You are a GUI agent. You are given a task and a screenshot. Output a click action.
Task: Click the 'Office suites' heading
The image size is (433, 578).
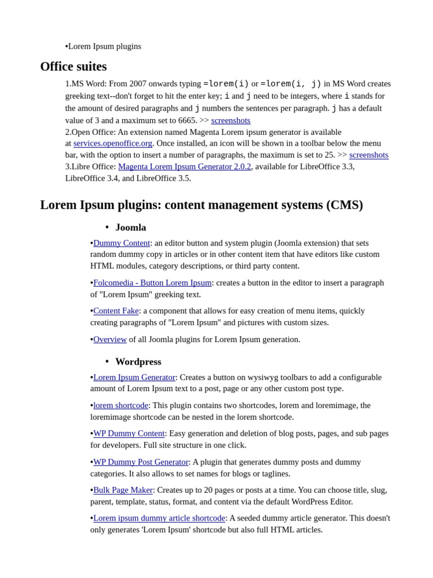[73, 67]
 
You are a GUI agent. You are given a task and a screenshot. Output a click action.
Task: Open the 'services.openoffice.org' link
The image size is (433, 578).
[113, 143]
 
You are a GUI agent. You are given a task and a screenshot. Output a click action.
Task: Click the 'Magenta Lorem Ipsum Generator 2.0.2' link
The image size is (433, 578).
[184, 167]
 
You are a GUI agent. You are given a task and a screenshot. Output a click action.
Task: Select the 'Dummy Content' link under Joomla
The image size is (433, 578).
[122, 243]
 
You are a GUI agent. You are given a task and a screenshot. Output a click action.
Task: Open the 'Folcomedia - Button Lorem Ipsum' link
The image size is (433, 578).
[152, 283]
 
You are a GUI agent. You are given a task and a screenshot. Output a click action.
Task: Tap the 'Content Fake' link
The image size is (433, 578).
[116, 311]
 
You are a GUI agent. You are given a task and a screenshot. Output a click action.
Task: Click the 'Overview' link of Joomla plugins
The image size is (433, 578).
[110, 339]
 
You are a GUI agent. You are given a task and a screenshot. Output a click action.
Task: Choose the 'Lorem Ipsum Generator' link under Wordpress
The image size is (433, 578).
[134, 377]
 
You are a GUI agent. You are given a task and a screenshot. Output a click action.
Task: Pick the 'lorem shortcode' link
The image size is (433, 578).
[121, 405]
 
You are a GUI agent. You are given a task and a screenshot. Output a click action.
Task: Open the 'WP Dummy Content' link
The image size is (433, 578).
[129, 433]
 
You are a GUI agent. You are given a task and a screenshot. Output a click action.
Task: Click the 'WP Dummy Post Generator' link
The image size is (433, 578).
[141, 462]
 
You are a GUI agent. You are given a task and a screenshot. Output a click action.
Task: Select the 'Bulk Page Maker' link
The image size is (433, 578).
[123, 490]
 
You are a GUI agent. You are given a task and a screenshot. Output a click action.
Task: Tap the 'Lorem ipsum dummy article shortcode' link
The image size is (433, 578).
[159, 518]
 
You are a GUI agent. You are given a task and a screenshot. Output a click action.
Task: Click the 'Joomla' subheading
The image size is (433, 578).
[131, 227]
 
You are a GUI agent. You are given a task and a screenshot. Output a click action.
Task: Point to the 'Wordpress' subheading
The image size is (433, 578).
[138, 362]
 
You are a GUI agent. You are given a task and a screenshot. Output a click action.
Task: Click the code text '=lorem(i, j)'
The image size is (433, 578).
[291, 84]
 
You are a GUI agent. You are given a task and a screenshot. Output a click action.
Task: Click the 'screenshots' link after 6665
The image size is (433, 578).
[231, 120]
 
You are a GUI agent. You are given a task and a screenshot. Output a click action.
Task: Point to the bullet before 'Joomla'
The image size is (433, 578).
[107, 227]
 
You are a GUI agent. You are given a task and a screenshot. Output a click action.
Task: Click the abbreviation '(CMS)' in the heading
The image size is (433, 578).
[344, 205]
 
